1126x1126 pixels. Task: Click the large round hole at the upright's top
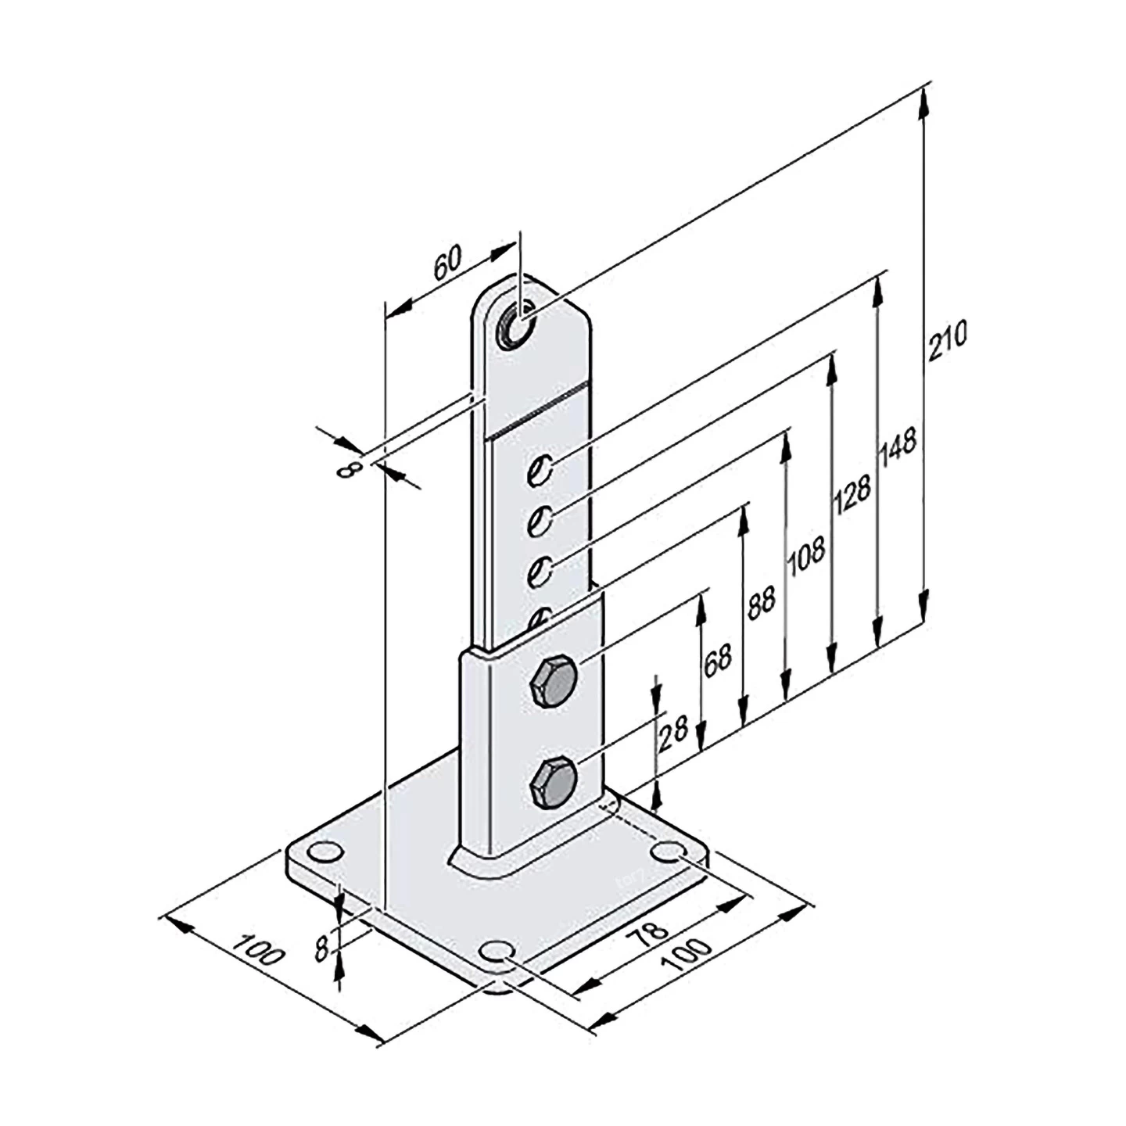point(515,325)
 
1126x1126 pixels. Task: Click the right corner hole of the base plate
point(669,851)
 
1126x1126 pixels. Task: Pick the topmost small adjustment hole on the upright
point(539,468)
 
